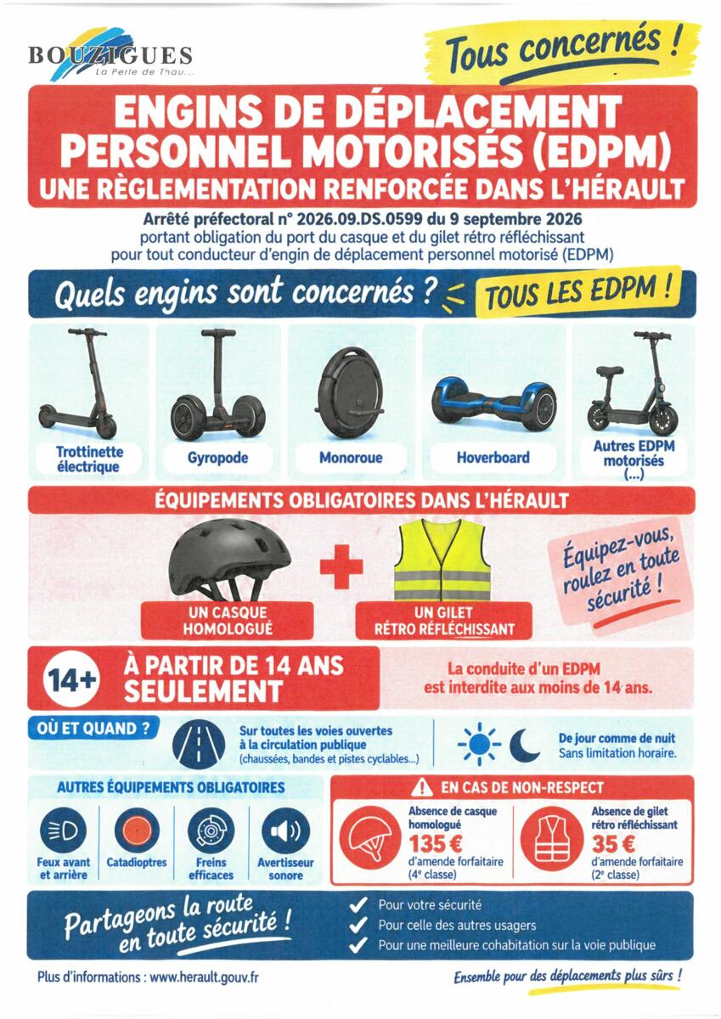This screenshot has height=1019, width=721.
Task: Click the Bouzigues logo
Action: click(x=110, y=54)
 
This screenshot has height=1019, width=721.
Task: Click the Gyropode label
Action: click(x=218, y=458)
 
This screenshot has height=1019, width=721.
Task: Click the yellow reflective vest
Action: click(x=442, y=560)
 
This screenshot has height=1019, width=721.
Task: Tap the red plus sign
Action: click(x=341, y=566)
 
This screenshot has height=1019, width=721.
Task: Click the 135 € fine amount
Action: click(x=436, y=845)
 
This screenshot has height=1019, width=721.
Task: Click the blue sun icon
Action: click(x=479, y=745)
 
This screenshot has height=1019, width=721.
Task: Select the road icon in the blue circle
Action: click(x=199, y=746)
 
